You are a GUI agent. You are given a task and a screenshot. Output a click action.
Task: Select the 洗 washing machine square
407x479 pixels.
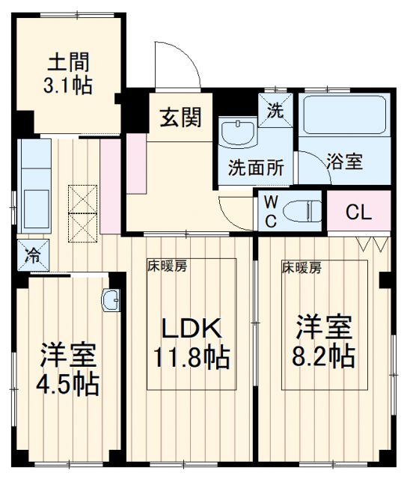(x=276, y=110)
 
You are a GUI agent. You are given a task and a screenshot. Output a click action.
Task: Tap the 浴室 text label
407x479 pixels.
(x=345, y=162)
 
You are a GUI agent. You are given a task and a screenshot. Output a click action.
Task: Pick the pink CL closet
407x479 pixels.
(x=358, y=213)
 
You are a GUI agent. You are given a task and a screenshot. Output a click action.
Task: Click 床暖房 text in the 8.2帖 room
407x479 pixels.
(x=302, y=266)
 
